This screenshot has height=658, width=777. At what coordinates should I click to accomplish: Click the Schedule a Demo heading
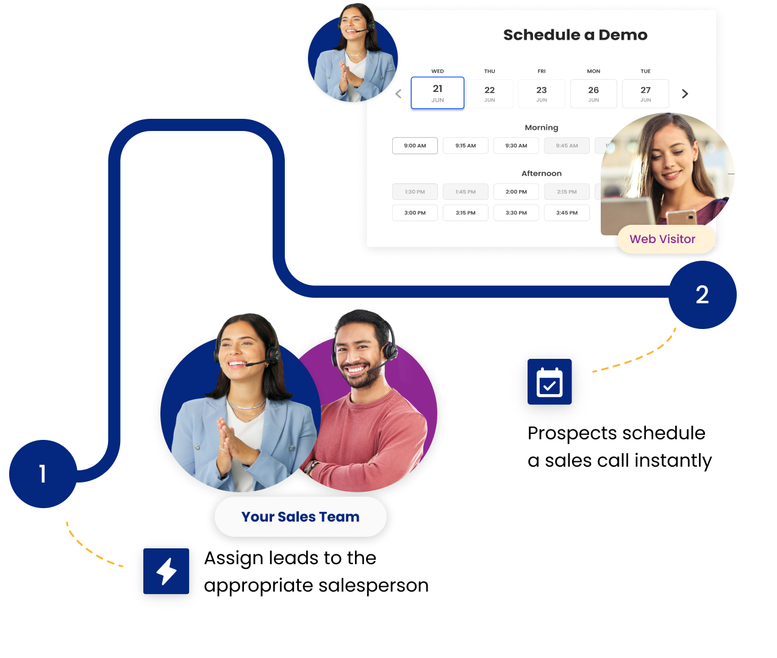coord(575,35)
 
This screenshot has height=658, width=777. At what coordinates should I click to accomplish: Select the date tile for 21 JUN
coord(437,93)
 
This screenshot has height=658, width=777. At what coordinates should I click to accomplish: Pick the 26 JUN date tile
coord(593,94)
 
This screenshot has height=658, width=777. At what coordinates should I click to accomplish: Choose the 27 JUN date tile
coord(645,94)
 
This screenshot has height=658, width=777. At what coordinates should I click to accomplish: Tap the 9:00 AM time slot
coord(415,146)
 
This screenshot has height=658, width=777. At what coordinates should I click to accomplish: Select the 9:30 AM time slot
coord(516,146)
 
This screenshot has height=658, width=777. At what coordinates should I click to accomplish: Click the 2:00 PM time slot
coord(516,192)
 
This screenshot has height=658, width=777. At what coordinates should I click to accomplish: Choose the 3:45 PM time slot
coord(567,213)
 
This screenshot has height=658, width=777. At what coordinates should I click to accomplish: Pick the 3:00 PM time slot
coord(415,213)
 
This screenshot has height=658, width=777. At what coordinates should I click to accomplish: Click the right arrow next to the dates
coord(685,94)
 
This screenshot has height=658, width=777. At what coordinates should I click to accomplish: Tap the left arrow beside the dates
coord(398,94)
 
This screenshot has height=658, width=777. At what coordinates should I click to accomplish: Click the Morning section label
coord(542,128)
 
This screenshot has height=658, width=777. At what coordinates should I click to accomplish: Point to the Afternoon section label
coord(542,174)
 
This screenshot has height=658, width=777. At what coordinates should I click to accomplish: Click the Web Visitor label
coord(662,239)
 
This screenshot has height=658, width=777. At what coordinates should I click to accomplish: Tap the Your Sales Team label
coord(300,517)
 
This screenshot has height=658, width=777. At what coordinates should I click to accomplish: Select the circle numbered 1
coord(43,474)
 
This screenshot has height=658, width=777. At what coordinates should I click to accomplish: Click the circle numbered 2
coord(702,295)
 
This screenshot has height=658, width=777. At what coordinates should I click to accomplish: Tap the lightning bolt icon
coord(167,571)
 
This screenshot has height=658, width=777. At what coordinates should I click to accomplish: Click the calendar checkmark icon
coord(550,383)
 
